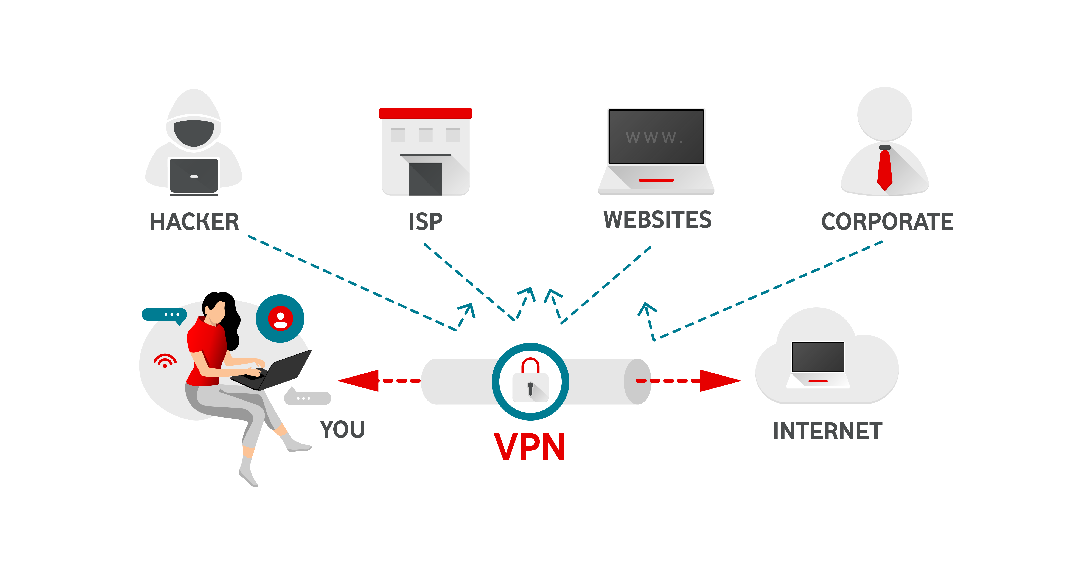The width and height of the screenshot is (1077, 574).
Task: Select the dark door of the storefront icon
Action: [425, 179]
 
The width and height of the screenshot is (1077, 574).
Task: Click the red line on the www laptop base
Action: [656, 180]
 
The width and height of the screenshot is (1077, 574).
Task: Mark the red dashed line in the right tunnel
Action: [667, 381]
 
